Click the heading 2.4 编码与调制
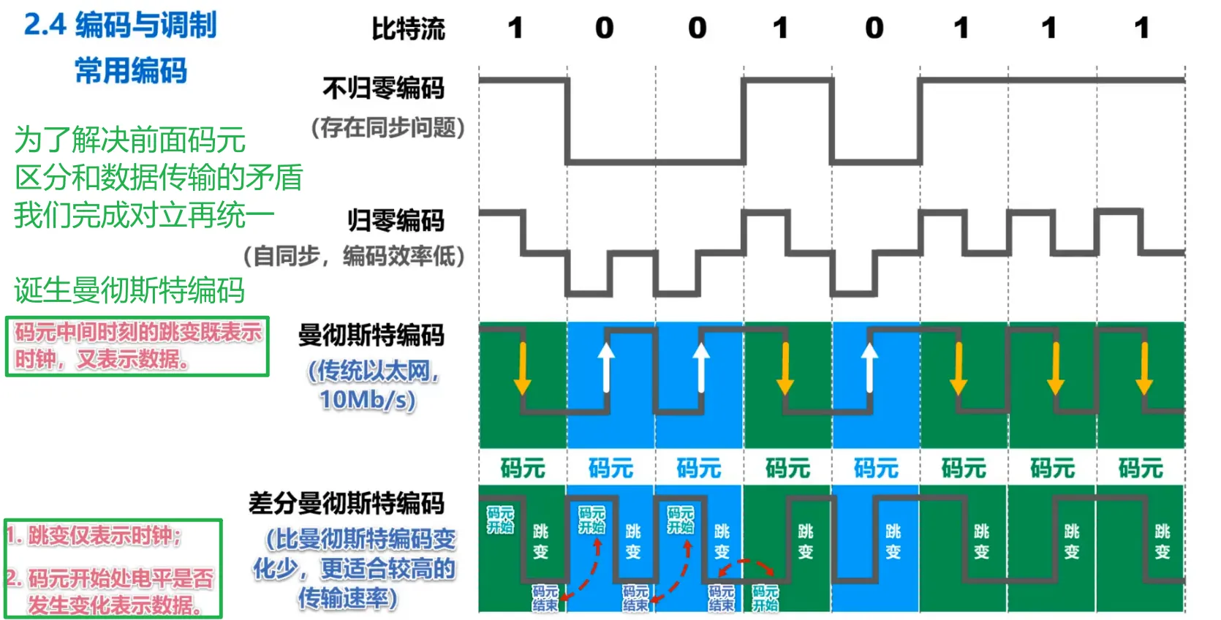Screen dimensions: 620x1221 120,26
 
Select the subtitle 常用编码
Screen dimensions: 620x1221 131,71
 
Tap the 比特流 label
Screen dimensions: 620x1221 408,29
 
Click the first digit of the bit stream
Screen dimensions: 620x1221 515,29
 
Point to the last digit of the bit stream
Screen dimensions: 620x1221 1141,29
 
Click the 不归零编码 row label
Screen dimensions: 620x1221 383,88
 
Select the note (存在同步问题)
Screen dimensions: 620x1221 388,128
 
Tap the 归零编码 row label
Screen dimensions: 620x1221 396,220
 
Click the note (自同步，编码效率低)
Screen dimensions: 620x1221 354,256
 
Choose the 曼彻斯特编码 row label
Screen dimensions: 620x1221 371,336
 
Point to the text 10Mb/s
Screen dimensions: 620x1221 367,399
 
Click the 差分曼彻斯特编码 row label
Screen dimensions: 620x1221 347,504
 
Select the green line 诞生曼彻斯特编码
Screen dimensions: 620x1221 129,290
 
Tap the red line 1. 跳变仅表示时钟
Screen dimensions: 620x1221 95,536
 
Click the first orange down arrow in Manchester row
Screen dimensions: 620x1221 522,368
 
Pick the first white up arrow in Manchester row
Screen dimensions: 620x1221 606,366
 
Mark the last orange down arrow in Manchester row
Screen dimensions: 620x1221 1144,368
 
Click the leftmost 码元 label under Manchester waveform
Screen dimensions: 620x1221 523,468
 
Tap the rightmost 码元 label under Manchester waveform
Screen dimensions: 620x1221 1141,468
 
